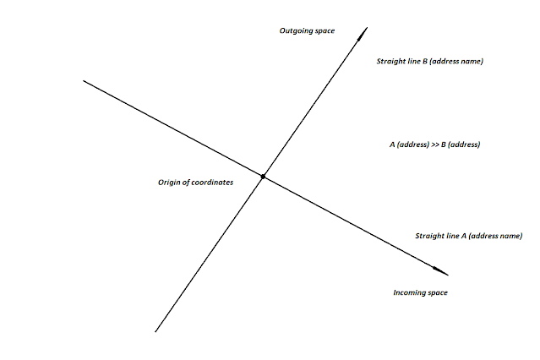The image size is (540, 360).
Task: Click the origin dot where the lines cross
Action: tap(264, 176)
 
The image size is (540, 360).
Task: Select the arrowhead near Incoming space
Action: tap(441, 271)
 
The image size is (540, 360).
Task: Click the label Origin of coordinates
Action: tap(195, 183)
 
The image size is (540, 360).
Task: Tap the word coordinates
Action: tap(212, 183)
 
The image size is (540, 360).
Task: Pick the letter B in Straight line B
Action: tap(424, 62)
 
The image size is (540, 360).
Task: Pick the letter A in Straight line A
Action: tap(462, 236)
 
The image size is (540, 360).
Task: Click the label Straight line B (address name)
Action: tap(428, 62)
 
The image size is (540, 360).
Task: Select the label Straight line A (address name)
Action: tap(467, 236)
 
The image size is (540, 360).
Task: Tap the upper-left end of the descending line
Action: tap(84, 81)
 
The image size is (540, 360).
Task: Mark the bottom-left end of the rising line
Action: tap(156, 331)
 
